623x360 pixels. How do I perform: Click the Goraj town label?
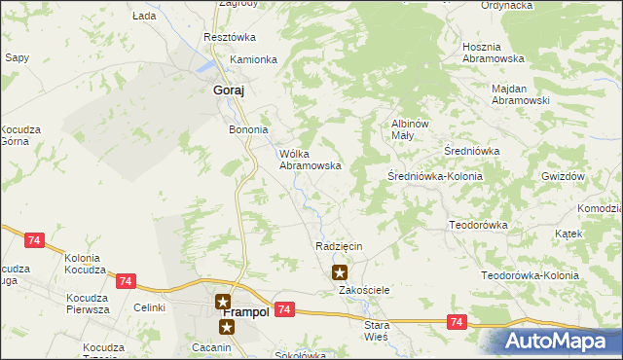click(x=228, y=90)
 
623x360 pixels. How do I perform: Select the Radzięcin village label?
click(x=339, y=246)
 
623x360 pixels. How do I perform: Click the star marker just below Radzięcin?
click(x=340, y=272)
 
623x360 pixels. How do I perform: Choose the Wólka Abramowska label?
click(x=310, y=160)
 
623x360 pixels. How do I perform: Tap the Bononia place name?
click(x=247, y=128)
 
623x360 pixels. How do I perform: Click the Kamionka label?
click(x=253, y=59)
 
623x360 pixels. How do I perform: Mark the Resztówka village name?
click(x=229, y=37)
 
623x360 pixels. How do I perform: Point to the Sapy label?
click(x=16, y=58)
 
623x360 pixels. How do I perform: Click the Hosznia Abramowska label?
click(x=494, y=53)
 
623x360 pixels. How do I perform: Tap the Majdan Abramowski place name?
click(x=521, y=93)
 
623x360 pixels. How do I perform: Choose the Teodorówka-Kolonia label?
click(x=531, y=275)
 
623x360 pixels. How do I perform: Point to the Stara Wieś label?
click(x=376, y=329)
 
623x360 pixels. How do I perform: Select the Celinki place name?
click(x=150, y=307)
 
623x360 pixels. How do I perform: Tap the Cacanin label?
click(x=211, y=347)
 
